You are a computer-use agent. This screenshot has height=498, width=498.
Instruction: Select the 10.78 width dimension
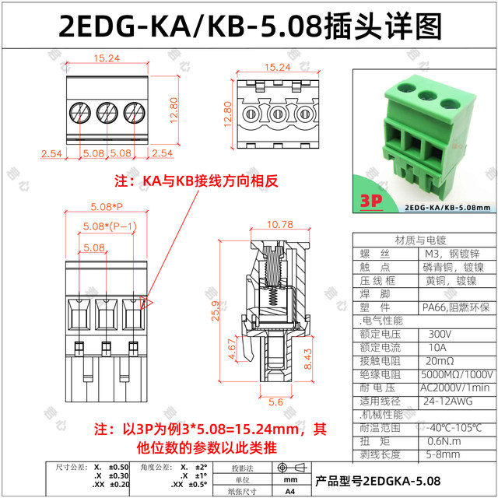(280, 225)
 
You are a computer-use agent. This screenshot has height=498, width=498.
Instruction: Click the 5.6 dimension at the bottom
(276, 402)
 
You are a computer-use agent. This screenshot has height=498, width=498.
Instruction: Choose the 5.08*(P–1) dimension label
(104, 226)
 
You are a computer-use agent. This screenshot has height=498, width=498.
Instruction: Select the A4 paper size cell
(289, 491)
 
